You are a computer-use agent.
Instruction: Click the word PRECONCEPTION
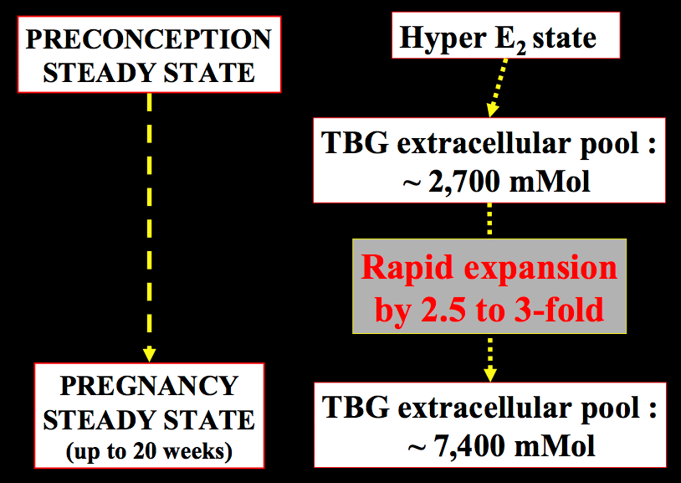[x=149, y=39]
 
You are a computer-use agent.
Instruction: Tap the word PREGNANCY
[x=149, y=386]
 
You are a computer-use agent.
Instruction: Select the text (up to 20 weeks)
[x=149, y=452]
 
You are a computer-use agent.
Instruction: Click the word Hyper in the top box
[x=442, y=39]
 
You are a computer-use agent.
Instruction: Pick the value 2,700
[x=463, y=182]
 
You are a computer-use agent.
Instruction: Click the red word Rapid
[x=407, y=269]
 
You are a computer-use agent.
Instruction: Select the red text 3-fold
[x=560, y=310]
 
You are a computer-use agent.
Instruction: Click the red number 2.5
[x=443, y=310]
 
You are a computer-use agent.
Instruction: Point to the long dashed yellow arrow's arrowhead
[x=150, y=354]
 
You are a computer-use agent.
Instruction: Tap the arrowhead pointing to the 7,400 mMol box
[x=490, y=374]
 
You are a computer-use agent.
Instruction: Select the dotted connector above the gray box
[x=489, y=219]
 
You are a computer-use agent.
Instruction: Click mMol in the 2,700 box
[x=550, y=182]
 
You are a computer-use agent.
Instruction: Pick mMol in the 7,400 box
[x=555, y=446]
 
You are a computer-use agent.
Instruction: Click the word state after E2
[x=564, y=39]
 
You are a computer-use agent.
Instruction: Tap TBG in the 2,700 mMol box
[x=355, y=143]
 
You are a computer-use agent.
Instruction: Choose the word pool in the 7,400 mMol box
[x=612, y=409]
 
